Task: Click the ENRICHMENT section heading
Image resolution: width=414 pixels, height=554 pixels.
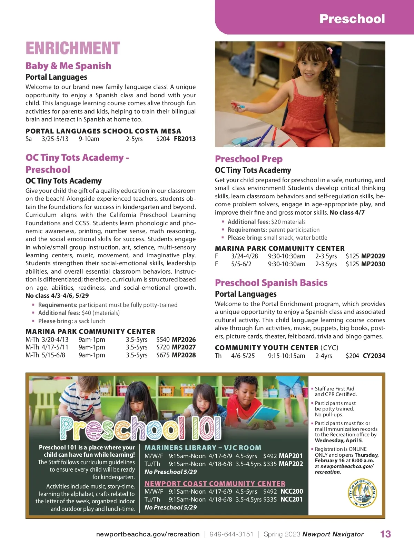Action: coord(72,48)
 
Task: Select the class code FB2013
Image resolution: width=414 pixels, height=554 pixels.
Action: coord(185,139)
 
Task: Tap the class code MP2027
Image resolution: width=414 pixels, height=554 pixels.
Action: coord(184,347)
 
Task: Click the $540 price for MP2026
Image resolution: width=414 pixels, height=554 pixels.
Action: coord(163,339)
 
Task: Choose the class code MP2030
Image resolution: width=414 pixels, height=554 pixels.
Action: coord(373,264)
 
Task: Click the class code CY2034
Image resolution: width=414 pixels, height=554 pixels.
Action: coord(374,356)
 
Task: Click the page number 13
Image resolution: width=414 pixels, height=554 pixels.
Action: coord(385,534)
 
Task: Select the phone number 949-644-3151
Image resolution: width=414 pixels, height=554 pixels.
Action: coord(231,534)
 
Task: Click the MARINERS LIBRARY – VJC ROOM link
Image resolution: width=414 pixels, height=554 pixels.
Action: coord(203,448)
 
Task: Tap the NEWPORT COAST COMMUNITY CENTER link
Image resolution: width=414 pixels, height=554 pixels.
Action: coord(215,484)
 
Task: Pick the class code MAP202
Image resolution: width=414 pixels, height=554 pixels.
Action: coord(290,464)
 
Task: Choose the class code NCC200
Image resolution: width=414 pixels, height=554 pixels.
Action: coord(292,492)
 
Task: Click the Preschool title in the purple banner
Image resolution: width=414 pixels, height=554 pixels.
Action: coord(352,19)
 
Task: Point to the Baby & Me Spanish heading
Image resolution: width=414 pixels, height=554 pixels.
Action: coord(68,66)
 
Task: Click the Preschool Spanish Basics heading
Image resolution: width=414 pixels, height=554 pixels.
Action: coord(271,283)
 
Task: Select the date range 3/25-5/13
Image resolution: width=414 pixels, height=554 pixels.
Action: coord(55,139)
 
